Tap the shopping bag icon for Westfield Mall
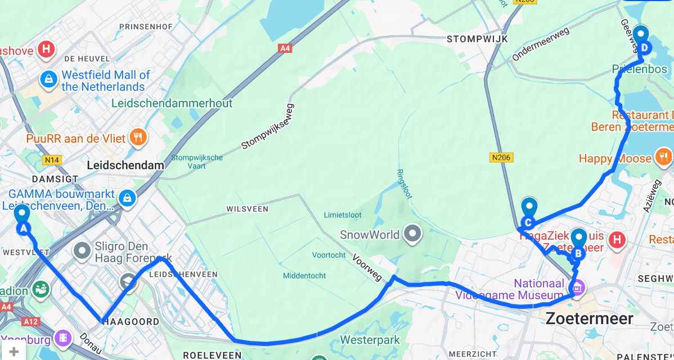click(49, 80)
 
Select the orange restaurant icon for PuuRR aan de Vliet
click(137, 136)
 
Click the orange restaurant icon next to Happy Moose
click(664, 157)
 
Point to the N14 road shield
click(52, 160)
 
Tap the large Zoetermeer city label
click(589, 319)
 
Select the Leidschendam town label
click(125, 165)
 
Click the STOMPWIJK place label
click(477, 39)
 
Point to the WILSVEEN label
click(247, 209)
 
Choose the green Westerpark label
click(370, 340)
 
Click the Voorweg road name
click(366, 267)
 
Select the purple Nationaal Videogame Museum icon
click(578, 289)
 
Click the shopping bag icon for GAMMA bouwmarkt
click(128, 198)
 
